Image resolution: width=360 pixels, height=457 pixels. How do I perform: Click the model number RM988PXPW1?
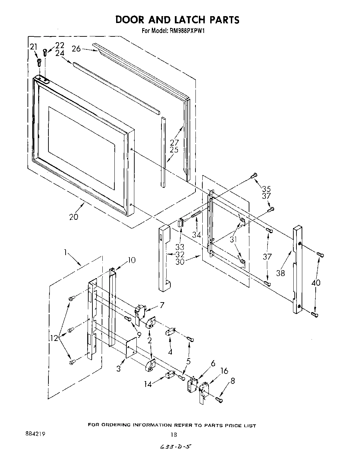[187, 31]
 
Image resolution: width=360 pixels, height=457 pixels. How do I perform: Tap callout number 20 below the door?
[74, 217]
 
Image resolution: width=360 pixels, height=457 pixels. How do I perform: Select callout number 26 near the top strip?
[76, 49]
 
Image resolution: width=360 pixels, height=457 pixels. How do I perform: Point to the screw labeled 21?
[39, 62]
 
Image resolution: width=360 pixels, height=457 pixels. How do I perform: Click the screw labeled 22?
[45, 52]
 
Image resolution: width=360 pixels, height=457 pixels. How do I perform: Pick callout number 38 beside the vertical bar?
[281, 273]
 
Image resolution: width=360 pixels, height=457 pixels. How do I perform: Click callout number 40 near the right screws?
[316, 283]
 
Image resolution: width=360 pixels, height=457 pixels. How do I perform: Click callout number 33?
[179, 247]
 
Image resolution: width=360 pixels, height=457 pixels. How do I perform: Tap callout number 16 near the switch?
[224, 371]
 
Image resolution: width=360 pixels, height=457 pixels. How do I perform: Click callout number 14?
[148, 384]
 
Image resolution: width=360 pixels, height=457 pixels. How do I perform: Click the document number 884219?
[35, 434]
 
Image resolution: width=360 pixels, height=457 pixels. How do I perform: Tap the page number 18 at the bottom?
[174, 435]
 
